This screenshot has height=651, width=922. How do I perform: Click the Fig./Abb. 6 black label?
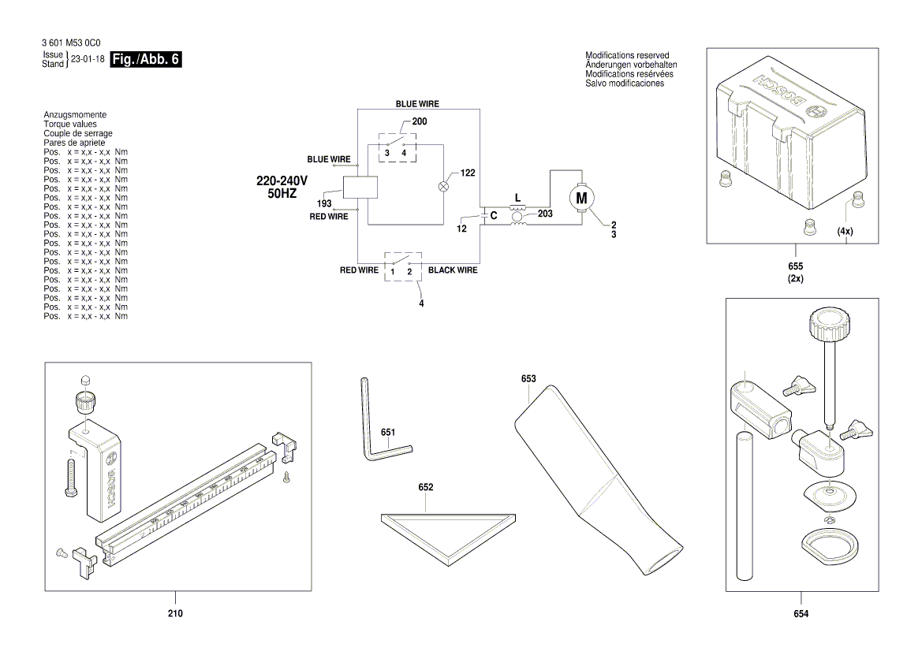[147, 60]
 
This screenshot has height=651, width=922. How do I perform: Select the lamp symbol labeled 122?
[443, 187]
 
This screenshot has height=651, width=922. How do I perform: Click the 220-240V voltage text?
[282, 180]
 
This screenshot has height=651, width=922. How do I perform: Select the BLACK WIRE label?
[453, 270]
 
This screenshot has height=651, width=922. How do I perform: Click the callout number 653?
[528, 379]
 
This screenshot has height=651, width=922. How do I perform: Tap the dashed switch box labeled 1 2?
[402, 267]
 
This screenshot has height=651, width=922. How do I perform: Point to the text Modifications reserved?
[627, 55]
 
